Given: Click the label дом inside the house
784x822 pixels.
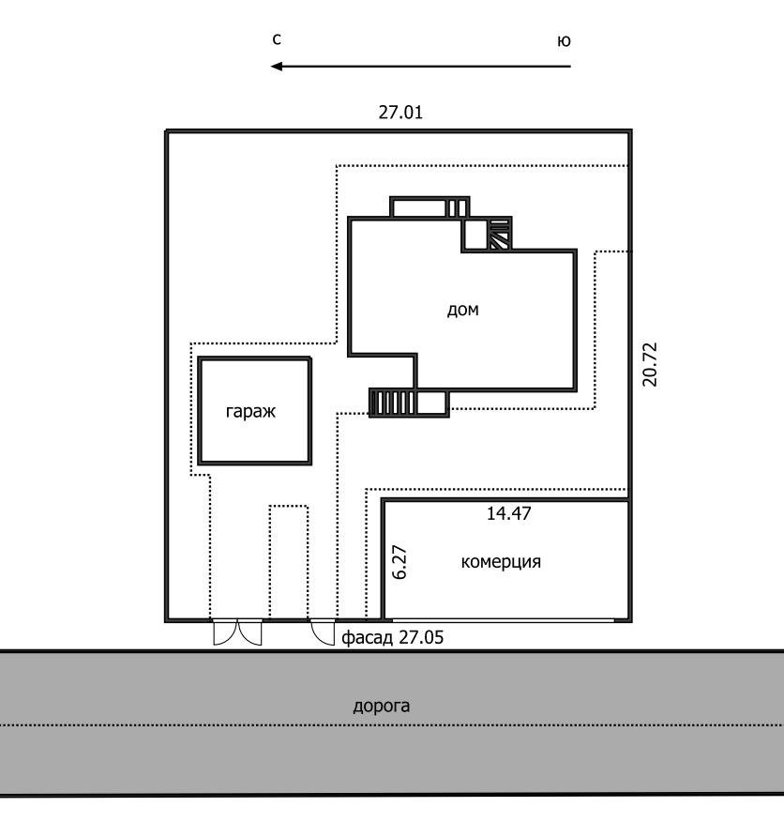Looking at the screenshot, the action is (x=462, y=310).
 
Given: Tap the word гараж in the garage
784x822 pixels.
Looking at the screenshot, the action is (x=250, y=412).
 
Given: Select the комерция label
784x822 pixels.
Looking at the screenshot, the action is (x=501, y=562).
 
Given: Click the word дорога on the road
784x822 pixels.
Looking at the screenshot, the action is (x=381, y=707).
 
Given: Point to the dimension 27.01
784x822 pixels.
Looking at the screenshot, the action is (x=400, y=113).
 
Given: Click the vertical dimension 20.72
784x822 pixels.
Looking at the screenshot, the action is (x=650, y=364).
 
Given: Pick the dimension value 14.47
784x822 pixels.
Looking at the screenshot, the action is (x=509, y=513).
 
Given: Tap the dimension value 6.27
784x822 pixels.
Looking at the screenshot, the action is (x=400, y=562).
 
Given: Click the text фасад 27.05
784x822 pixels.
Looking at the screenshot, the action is (x=393, y=637).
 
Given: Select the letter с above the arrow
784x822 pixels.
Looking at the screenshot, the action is (x=277, y=39).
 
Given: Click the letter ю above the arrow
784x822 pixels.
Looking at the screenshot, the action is (x=564, y=41).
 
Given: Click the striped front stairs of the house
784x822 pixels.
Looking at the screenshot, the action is (x=393, y=403).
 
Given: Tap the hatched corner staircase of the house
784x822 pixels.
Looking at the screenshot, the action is (x=500, y=234).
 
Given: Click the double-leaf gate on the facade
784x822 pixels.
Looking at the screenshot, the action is (x=237, y=632).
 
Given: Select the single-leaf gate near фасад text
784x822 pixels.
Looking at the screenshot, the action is (x=323, y=632).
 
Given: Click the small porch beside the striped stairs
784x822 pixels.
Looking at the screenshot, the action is (x=432, y=403).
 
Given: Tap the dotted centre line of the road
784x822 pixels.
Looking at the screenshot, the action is (x=391, y=725).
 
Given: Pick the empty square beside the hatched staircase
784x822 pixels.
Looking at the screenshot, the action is (x=475, y=234).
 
